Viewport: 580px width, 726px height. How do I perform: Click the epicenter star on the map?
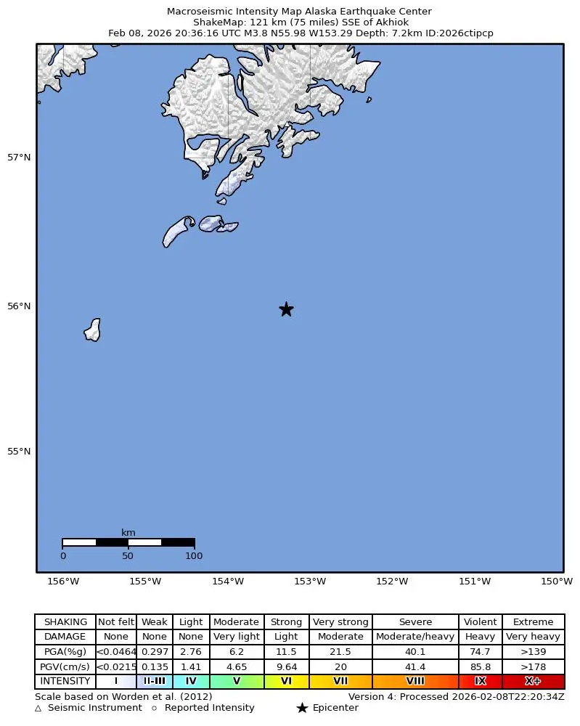(x=286, y=309)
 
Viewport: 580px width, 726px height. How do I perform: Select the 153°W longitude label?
(x=310, y=582)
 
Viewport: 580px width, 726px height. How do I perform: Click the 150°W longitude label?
(x=557, y=582)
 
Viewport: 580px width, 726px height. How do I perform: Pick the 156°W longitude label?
(x=63, y=582)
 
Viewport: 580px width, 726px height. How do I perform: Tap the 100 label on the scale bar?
(x=194, y=556)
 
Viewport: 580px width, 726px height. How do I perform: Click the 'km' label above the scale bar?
(x=128, y=533)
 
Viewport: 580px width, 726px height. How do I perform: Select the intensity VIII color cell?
(x=415, y=681)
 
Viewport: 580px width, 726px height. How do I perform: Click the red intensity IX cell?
(x=480, y=681)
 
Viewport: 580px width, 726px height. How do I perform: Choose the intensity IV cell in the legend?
(x=191, y=681)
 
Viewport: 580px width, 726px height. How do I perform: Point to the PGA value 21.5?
(x=340, y=652)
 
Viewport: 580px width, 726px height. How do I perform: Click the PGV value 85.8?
(x=480, y=666)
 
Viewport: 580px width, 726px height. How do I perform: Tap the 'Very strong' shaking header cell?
(x=340, y=622)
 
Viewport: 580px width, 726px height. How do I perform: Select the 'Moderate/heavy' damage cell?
(x=415, y=637)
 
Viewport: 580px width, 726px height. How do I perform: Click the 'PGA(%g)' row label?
(x=65, y=652)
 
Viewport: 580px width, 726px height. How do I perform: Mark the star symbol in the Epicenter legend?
(x=302, y=708)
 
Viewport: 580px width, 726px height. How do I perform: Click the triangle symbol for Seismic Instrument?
(x=38, y=708)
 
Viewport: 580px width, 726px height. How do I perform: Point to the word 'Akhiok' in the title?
(x=393, y=23)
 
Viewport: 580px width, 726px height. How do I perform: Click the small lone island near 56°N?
(x=93, y=330)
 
